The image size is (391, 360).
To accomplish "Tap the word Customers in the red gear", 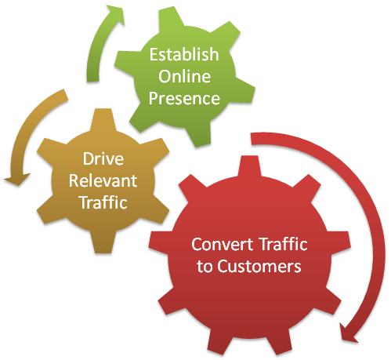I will click(264, 266).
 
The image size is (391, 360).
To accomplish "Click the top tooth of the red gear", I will click(248, 164).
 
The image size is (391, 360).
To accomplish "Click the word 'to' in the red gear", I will click(202, 266).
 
